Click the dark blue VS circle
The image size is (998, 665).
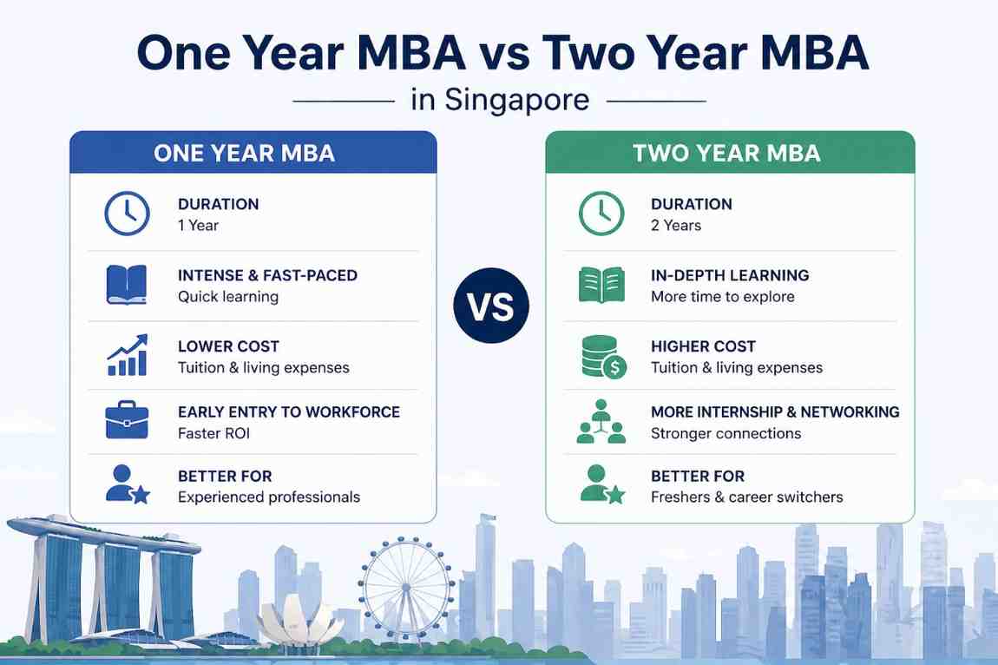point(490,306)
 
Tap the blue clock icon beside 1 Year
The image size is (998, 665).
point(127,214)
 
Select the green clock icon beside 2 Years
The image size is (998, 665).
point(601,214)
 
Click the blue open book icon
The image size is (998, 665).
point(127,284)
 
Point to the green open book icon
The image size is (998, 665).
point(601,285)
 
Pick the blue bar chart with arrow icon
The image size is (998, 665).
point(128,355)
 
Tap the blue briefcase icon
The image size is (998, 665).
point(127,420)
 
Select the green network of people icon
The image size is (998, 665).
point(601,422)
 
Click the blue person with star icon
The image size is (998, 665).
point(128,484)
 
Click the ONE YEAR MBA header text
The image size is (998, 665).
point(245,154)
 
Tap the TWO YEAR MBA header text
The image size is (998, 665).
point(727,154)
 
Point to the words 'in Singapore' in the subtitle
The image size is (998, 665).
point(500,100)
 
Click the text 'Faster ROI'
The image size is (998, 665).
point(213,433)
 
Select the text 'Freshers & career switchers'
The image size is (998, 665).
point(746,497)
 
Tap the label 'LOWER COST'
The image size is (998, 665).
point(228,346)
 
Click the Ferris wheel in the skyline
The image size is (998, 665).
point(406,587)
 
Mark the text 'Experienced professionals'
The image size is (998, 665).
point(269,497)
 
